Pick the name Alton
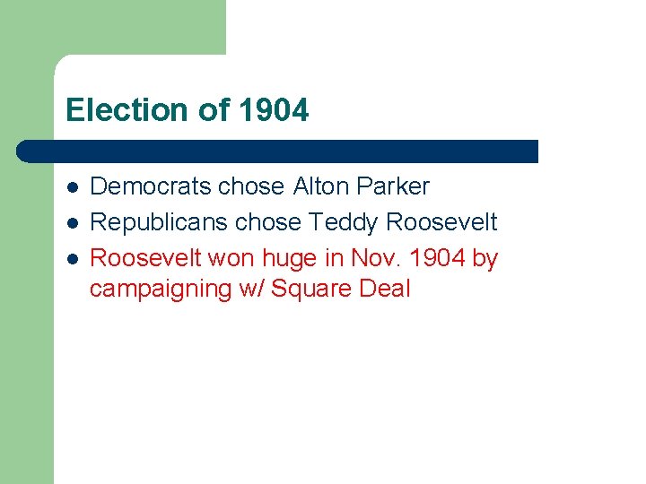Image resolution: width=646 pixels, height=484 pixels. [321, 186]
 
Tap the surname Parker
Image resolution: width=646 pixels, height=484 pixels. [393, 186]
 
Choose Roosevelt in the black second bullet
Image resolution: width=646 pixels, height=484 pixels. [441, 222]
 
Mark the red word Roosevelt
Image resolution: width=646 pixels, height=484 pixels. [146, 258]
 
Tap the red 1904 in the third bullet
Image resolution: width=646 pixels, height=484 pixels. [435, 258]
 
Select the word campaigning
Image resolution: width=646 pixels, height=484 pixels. [153, 290]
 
